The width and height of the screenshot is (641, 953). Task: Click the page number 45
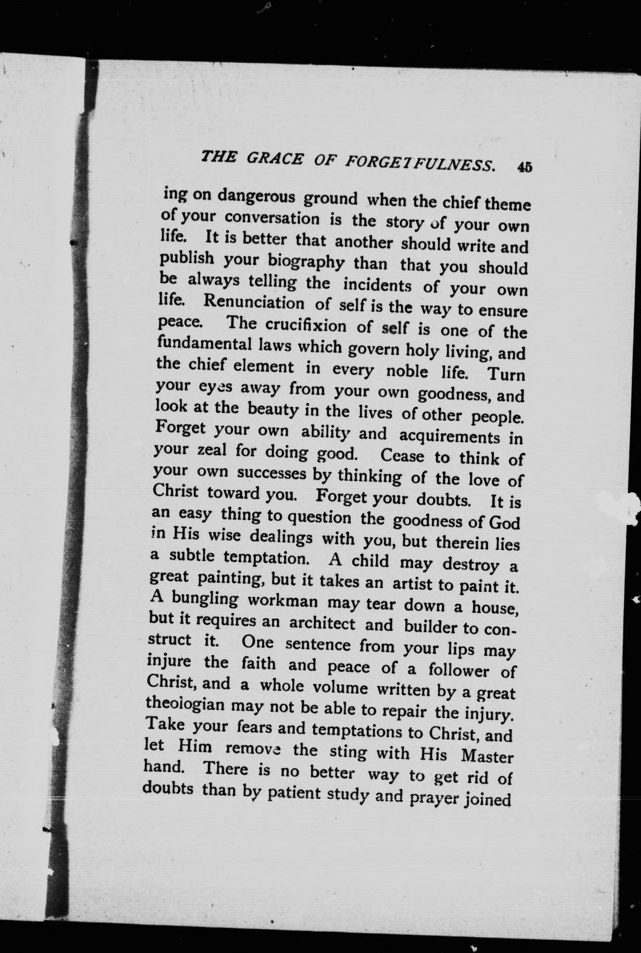[524, 168]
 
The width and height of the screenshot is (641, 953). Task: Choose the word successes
[272, 474]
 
